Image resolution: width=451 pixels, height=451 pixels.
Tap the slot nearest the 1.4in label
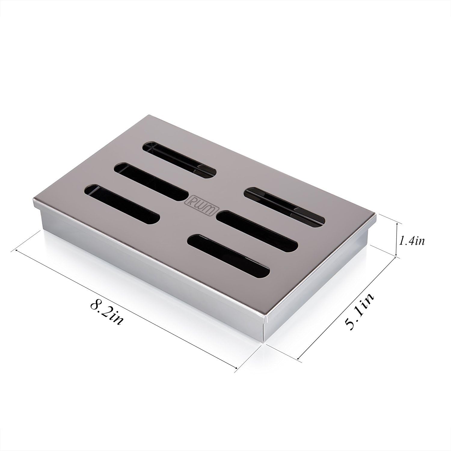tap(284, 206)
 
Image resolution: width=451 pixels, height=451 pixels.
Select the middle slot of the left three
tap(151, 182)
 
